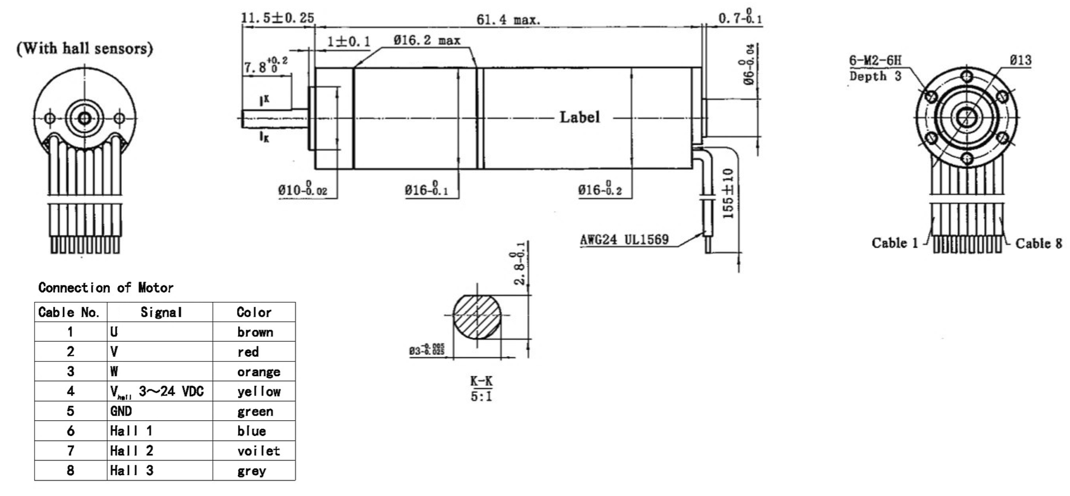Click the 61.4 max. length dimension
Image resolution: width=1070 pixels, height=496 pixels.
click(x=508, y=20)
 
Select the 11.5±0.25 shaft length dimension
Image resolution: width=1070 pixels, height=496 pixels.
click(x=277, y=18)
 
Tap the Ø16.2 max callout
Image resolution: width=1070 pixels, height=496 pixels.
click(x=427, y=40)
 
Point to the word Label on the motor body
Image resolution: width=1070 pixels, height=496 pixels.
click(x=579, y=117)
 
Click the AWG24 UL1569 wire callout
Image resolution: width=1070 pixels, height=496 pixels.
click(x=624, y=240)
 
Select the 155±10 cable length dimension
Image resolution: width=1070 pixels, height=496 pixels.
click(x=728, y=193)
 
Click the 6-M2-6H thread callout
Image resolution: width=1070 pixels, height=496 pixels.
click(x=875, y=61)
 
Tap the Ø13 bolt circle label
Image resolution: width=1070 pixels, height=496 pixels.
click(x=1020, y=60)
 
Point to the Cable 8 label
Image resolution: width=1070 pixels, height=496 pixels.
click(x=1039, y=244)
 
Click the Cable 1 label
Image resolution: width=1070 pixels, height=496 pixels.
click(x=894, y=243)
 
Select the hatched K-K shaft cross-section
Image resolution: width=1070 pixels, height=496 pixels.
click(x=476, y=317)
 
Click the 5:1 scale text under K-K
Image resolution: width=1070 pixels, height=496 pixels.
click(x=481, y=396)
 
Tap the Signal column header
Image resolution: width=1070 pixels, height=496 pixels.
click(x=161, y=313)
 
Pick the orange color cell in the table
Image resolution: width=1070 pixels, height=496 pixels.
click(x=258, y=372)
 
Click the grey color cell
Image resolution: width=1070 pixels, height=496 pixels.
click(x=251, y=471)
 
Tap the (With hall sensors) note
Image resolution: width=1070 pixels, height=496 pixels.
click(x=85, y=49)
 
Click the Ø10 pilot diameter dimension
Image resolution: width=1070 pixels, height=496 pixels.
click(x=302, y=190)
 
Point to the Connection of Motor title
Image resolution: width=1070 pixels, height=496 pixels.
click(x=106, y=287)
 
